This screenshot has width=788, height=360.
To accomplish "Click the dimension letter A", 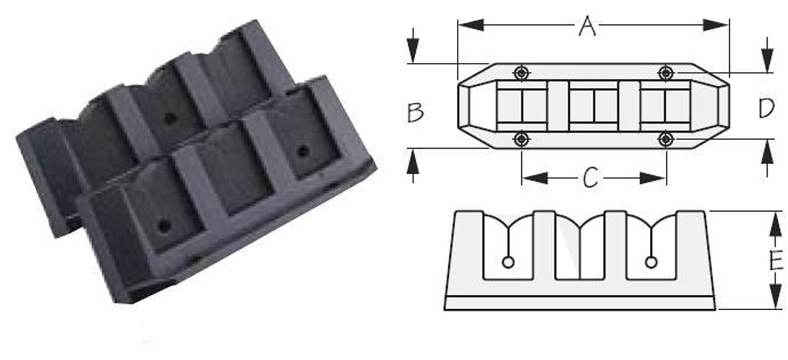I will (x=587, y=26).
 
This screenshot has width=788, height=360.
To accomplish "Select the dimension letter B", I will (x=415, y=112).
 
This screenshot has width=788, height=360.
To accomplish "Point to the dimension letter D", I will (x=766, y=108).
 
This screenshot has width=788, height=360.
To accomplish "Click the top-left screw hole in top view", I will (x=521, y=72).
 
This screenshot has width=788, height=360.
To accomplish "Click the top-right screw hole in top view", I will (x=667, y=72).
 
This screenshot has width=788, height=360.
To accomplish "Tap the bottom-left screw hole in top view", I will (x=521, y=139).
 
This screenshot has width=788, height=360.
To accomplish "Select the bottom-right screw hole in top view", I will (x=667, y=139).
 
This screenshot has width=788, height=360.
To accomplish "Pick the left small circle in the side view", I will (x=507, y=262).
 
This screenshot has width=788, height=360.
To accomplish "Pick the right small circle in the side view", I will (x=651, y=262).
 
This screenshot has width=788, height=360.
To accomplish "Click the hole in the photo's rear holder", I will (x=170, y=119).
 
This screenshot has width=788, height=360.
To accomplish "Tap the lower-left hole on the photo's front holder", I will (x=164, y=226).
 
